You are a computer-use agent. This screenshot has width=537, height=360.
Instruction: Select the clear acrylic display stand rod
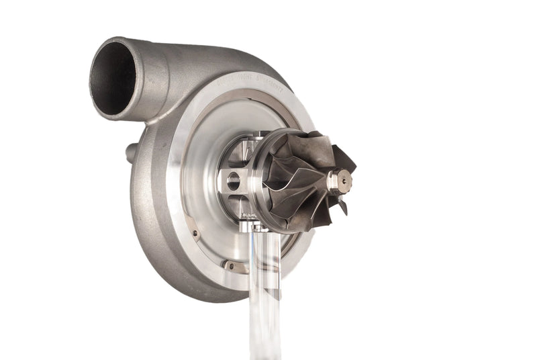coord(265,296)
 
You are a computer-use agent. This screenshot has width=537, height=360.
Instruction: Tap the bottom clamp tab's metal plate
coord(234,265)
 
